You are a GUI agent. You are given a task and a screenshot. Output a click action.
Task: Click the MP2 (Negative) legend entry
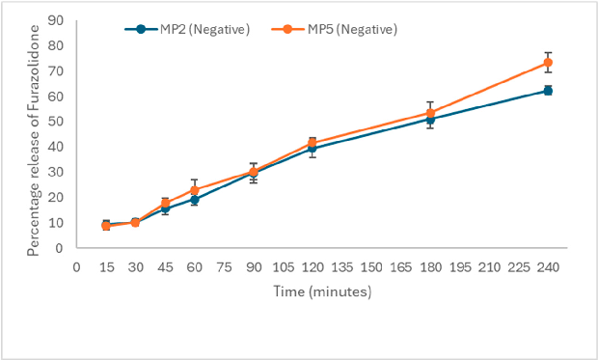188,29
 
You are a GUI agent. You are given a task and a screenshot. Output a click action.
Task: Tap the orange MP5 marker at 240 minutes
548,63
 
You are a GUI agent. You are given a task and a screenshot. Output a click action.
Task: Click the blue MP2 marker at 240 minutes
548,90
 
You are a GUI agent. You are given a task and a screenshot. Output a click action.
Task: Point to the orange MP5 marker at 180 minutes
430,113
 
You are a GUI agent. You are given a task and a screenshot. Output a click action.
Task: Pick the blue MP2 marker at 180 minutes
430,120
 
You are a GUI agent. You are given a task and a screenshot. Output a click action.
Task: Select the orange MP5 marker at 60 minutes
194,190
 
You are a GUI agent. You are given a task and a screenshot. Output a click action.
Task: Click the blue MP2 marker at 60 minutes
194,200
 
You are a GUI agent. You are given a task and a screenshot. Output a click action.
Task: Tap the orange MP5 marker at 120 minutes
312,143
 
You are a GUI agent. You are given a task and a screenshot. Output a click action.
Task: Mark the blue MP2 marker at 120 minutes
312,149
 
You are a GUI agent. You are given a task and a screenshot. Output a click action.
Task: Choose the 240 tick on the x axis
548,265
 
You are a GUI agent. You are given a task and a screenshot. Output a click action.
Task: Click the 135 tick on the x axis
341,265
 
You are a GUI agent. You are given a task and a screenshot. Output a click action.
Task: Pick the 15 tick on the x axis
106,265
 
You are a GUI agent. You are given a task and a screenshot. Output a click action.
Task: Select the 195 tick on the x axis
459,265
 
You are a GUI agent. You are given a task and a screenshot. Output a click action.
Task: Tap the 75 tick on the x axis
224,265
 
